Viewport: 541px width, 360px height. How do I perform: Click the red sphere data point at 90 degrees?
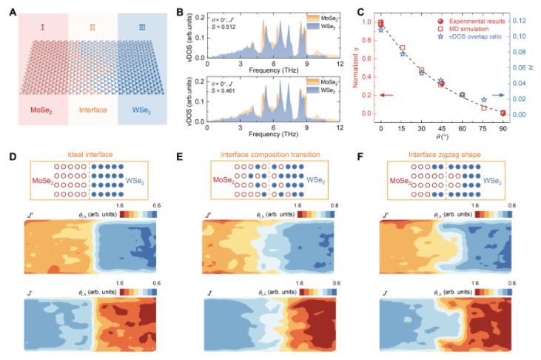[x=503, y=113]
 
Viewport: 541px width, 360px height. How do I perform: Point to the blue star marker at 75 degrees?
[x=484, y=100]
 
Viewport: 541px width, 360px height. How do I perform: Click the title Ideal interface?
[x=92, y=155]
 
